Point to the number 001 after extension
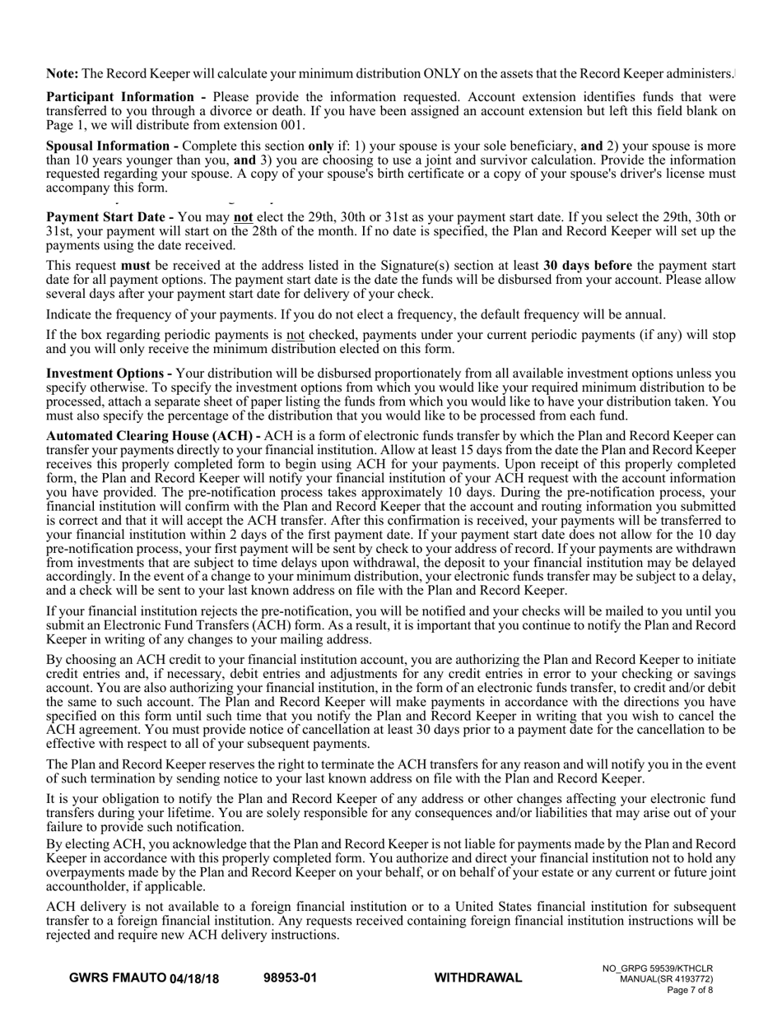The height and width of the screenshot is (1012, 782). (293, 125)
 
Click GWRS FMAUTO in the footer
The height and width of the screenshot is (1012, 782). (118, 978)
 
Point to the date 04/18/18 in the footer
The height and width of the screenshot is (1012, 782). (194, 978)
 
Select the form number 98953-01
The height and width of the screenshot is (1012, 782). (290, 978)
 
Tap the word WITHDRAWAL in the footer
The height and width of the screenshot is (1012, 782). (477, 978)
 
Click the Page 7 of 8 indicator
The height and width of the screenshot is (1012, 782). (690, 991)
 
